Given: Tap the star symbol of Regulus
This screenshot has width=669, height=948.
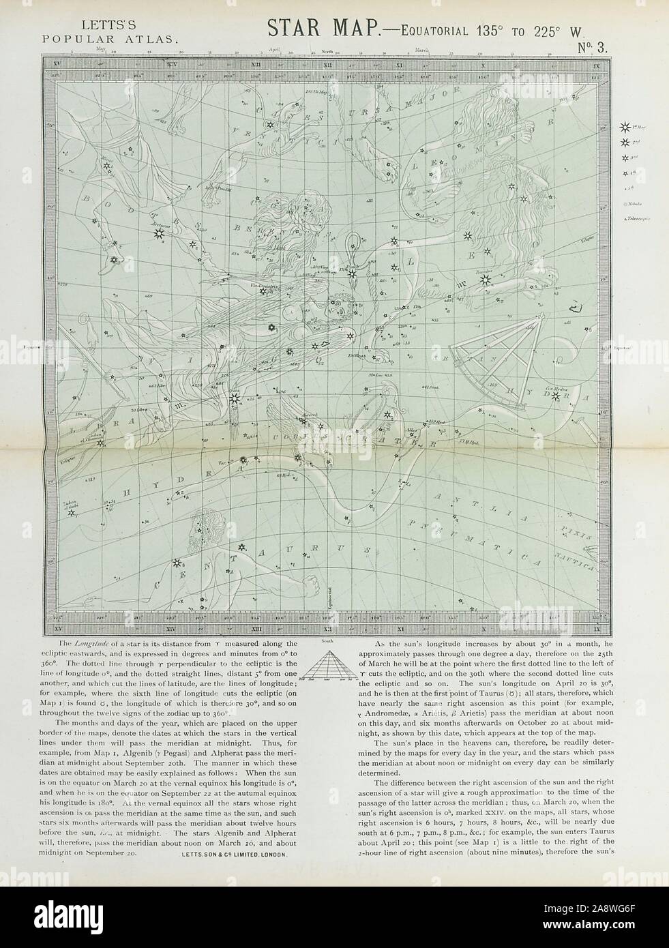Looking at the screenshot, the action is click(x=485, y=279).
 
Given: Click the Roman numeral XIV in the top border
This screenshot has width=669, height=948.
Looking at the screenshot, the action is click(x=179, y=65).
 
